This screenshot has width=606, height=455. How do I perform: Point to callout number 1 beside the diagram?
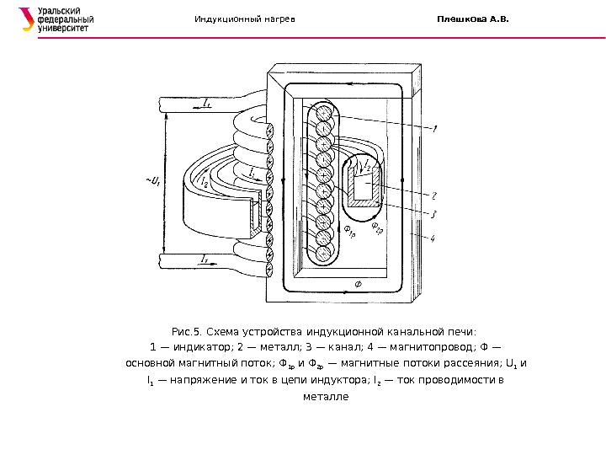[x=434, y=131]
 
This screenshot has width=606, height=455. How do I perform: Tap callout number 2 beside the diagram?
[x=433, y=195]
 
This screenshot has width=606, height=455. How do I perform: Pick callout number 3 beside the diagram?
[x=433, y=214]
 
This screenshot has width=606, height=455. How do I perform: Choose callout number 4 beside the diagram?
[x=433, y=239]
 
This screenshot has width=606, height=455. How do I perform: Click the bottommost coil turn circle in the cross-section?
[x=325, y=252]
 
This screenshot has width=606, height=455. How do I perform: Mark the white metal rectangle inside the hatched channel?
[x=363, y=186]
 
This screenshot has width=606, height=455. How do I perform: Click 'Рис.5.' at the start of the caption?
[x=185, y=331]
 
